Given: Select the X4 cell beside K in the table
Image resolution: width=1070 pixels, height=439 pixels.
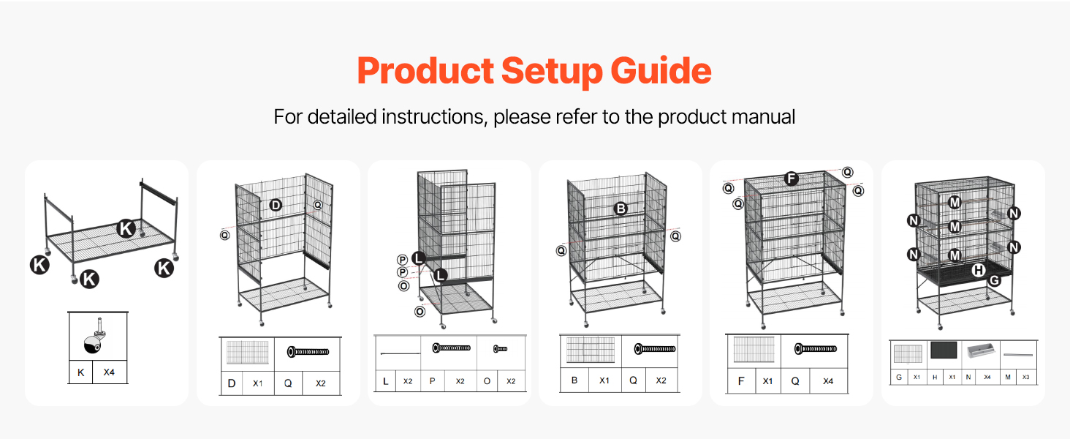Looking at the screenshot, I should point(109,372).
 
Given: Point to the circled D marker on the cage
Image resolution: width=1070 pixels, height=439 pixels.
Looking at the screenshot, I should point(275,206).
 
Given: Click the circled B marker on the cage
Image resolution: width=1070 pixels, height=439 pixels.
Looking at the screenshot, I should point(621,209).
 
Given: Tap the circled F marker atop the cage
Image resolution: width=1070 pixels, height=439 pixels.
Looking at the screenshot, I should point(790,179).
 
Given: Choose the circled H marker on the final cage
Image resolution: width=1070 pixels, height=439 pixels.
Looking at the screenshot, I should point(978,270).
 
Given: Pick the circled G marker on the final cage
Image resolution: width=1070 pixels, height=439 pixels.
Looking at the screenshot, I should point(994,280).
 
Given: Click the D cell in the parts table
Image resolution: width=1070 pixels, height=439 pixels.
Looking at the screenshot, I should point(232,383).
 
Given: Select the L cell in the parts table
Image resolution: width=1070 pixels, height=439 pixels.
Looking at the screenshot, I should point(385,381).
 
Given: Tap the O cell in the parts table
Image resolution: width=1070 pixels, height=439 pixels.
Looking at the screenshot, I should point(487,381).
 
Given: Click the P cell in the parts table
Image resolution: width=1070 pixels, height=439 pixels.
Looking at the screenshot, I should point(432,381).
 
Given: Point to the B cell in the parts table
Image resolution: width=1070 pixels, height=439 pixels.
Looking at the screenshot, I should point(574,380).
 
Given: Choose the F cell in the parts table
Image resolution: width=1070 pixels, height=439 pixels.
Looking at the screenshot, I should point(741,381).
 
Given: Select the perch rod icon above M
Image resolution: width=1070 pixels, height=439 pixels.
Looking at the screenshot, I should point(1018,354).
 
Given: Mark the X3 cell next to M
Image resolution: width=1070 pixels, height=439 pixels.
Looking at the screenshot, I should point(1027,378).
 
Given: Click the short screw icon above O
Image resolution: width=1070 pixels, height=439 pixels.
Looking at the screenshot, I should point(500,349).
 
